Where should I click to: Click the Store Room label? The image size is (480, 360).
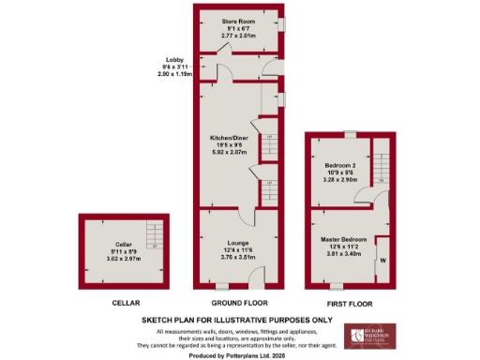(240, 21)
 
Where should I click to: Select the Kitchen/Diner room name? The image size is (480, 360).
(230, 138)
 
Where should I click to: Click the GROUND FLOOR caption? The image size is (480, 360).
(239, 304)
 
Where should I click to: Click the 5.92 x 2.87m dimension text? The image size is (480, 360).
(230, 153)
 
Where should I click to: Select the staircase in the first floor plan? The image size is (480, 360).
(381, 159)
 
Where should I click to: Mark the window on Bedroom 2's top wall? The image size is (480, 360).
(349, 134)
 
